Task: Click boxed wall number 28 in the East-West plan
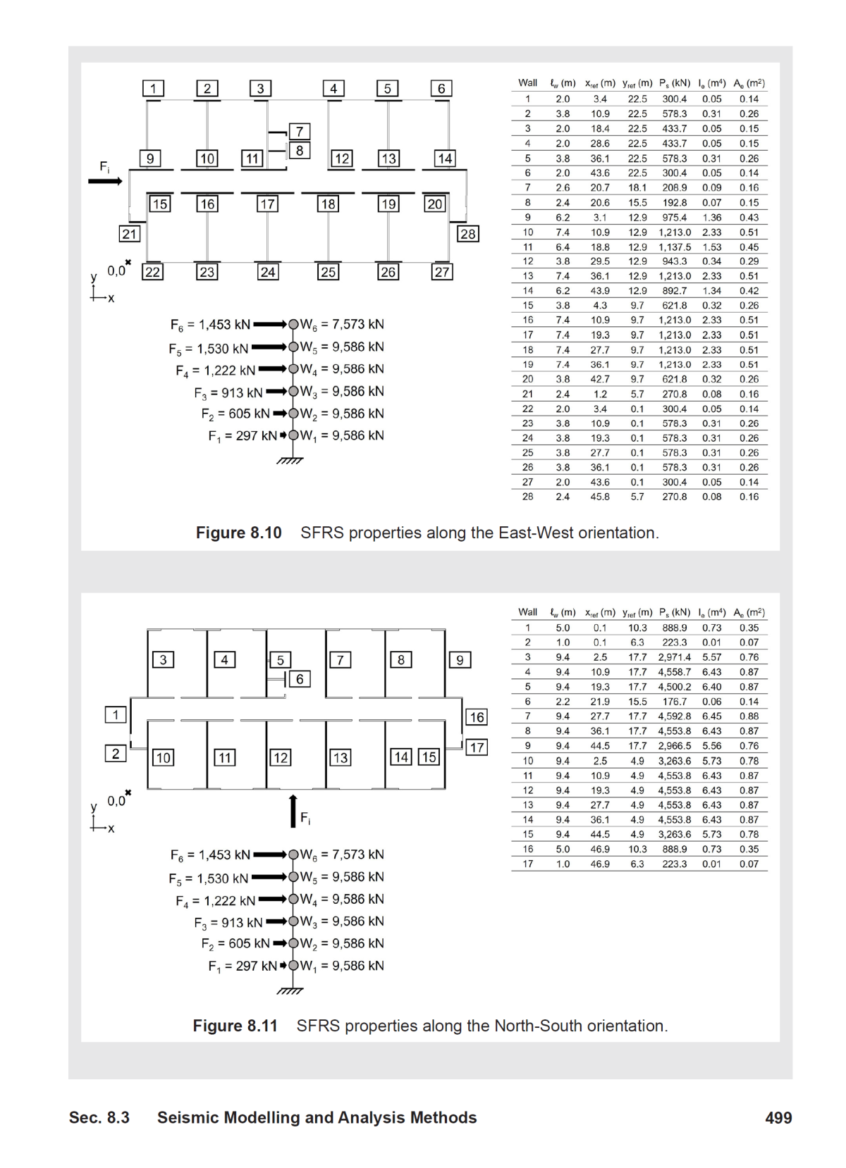(x=467, y=234)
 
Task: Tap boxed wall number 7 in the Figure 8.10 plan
(x=300, y=132)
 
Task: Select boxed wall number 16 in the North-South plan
(x=477, y=717)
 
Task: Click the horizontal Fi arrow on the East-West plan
(x=105, y=181)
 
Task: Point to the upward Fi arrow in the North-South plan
(x=293, y=811)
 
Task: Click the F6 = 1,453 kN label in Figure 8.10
(x=210, y=325)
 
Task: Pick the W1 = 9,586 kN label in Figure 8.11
(x=342, y=966)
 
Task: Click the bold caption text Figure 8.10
(x=238, y=533)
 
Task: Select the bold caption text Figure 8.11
(x=235, y=1026)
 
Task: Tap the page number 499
(x=778, y=1117)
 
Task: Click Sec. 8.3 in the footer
(x=99, y=1117)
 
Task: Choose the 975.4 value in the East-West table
(x=675, y=218)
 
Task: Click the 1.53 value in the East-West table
(x=711, y=247)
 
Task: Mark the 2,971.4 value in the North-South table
(x=675, y=657)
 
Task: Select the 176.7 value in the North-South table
(x=675, y=702)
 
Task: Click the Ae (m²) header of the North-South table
(x=749, y=612)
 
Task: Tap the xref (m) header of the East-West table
(x=600, y=83)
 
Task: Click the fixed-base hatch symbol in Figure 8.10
(x=289, y=461)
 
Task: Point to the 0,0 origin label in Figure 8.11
(x=116, y=801)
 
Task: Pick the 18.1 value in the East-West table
(x=637, y=188)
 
